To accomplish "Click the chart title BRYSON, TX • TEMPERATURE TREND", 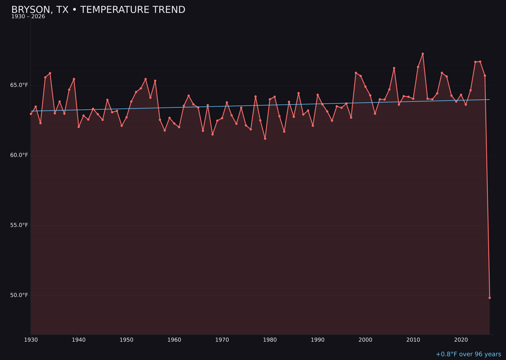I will (98, 10).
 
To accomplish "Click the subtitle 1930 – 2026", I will (28, 17).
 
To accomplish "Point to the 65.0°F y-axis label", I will (19, 85).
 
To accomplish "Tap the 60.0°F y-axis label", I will (19, 155).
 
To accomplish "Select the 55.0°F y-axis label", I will (19, 225).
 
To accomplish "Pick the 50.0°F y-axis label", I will (19, 295).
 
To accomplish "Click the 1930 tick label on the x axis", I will (31, 339).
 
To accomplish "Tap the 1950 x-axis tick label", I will (126, 339).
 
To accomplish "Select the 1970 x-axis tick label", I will (222, 339).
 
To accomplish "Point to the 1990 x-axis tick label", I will (318, 339).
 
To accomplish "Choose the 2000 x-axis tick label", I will (365, 339).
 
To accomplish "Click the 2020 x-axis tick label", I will (461, 339).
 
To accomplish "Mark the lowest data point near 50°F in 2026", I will (490, 298).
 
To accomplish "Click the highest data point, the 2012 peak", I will (423, 54).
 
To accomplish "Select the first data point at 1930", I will (31, 114).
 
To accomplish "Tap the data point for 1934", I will (50, 73).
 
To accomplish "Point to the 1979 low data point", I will (265, 139).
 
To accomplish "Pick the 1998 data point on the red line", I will (356, 73).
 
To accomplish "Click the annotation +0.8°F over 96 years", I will (468, 354).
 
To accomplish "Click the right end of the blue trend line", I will (489, 99).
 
